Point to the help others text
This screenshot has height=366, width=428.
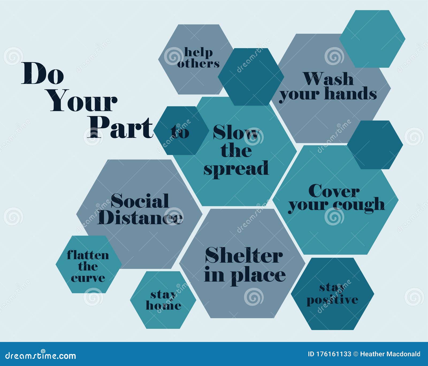[x=198, y=58]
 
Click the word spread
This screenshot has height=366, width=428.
[x=236, y=169]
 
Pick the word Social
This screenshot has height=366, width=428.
[x=140, y=201]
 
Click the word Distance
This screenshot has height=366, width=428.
[x=140, y=217]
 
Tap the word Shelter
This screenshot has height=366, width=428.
[x=244, y=255]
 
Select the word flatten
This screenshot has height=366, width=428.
[x=88, y=255]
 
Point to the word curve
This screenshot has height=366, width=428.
[x=88, y=278]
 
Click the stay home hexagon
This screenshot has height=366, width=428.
[x=163, y=300]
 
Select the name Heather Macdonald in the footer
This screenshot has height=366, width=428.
[x=390, y=354]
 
